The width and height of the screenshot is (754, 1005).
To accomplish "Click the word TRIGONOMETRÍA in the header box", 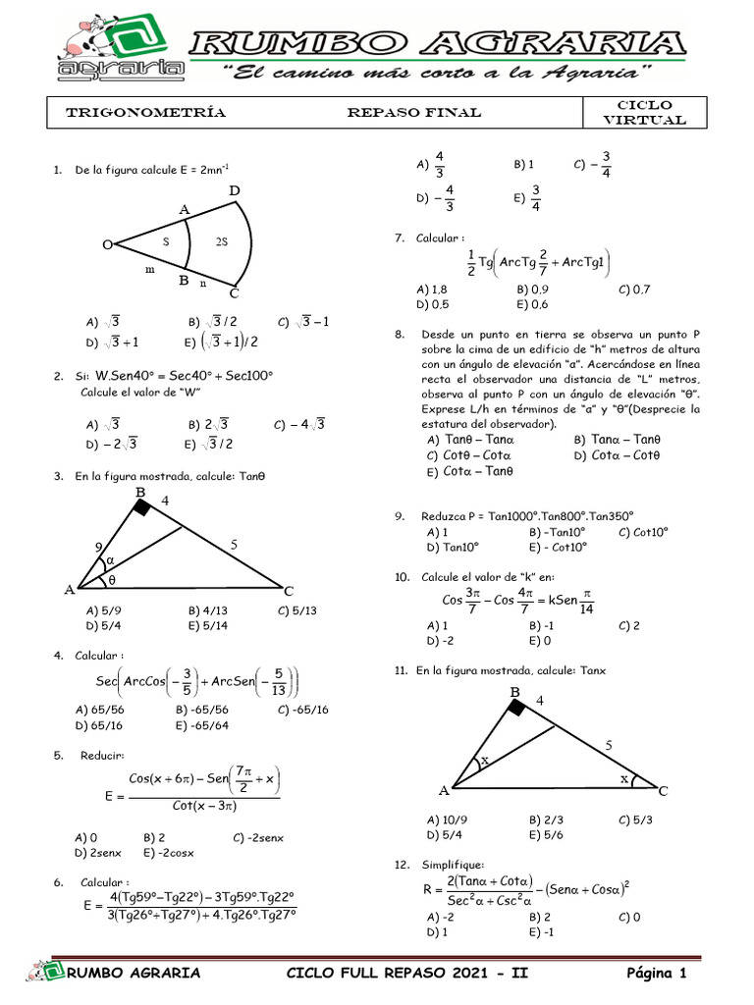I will pyautogui.click(x=145, y=113).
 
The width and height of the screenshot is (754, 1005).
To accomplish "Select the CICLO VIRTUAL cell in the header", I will pyautogui.click(x=643, y=113).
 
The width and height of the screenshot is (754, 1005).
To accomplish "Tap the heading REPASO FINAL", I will pyautogui.click(x=414, y=113).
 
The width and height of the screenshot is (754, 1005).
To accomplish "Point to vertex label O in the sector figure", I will pyautogui.click(x=106, y=245).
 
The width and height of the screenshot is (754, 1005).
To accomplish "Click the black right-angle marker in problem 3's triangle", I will pyautogui.click(x=142, y=506).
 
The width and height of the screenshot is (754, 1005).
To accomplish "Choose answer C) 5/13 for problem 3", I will pyautogui.click(x=297, y=609).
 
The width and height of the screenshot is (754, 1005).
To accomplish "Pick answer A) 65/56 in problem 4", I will pyautogui.click(x=96, y=709).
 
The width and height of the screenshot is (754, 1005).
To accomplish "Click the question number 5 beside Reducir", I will pyautogui.click(x=59, y=755).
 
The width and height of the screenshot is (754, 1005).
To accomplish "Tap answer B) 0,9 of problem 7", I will pyautogui.click(x=533, y=290).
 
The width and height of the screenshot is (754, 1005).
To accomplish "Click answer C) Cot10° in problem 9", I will pyautogui.click(x=643, y=531).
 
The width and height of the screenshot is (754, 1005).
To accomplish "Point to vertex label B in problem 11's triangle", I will pyautogui.click(x=513, y=693).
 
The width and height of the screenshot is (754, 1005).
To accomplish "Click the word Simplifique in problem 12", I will pyautogui.click(x=453, y=864).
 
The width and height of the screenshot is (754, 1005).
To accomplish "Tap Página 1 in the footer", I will pyautogui.click(x=656, y=973).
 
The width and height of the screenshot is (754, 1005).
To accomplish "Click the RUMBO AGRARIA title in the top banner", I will pyautogui.click(x=437, y=44).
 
